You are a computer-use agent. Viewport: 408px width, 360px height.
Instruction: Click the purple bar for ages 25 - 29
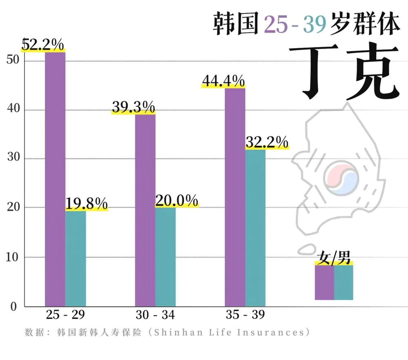(55, 180)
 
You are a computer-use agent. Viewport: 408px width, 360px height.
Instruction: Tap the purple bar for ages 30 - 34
(145, 210)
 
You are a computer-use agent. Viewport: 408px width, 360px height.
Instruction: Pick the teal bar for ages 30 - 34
(166, 257)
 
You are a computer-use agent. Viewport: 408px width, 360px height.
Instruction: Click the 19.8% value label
(86, 203)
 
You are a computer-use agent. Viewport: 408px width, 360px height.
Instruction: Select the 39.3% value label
(133, 107)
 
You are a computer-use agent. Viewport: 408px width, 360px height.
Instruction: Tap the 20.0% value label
(177, 200)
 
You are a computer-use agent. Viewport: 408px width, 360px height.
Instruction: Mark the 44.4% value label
(223, 81)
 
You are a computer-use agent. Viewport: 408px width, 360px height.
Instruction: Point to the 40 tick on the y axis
(13, 110)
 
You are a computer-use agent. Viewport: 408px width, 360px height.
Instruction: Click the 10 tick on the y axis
(13, 257)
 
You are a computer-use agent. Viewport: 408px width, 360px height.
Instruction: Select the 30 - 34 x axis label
(155, 315)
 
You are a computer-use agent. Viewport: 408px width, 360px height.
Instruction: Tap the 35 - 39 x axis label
(245, 315)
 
